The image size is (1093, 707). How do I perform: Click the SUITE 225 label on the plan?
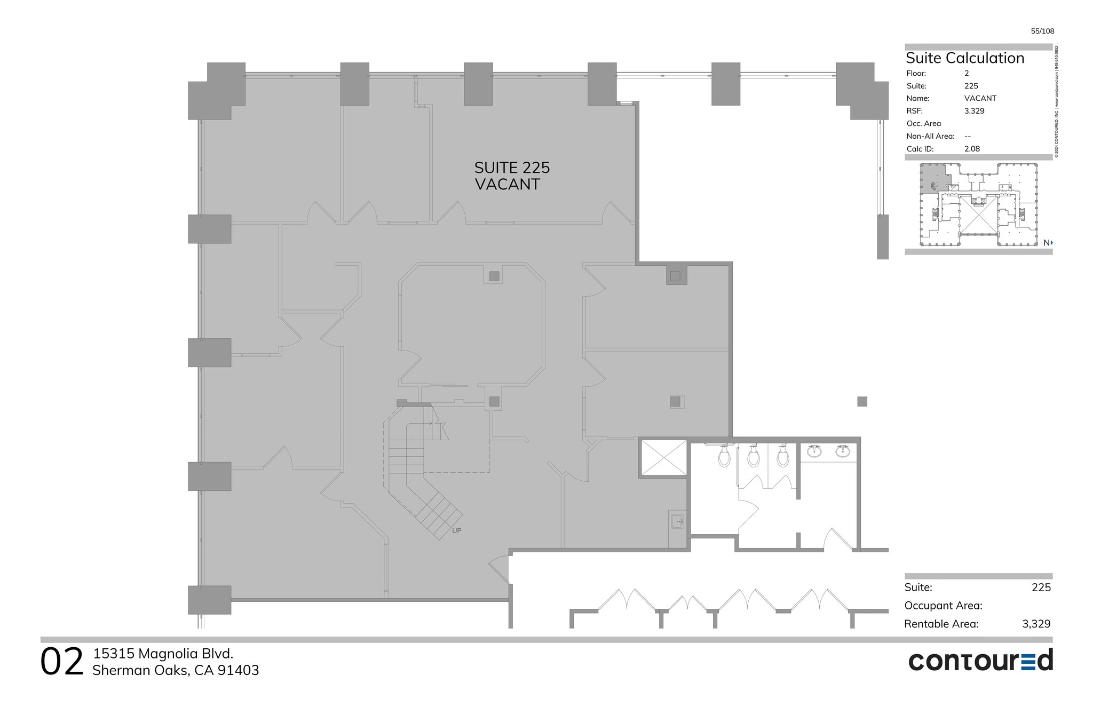512,168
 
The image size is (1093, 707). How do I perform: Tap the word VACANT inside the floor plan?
508,185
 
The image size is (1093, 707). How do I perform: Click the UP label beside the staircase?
456,531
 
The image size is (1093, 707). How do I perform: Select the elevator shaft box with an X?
663,457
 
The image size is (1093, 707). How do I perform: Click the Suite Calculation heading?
965,58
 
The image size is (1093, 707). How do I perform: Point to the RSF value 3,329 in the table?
974,111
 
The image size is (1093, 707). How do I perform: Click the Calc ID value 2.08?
972,149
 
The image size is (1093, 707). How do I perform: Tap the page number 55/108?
1042,31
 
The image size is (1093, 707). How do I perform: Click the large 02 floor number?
62,662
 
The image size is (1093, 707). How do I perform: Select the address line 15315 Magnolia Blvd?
163,654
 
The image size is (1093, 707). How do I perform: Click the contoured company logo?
980,661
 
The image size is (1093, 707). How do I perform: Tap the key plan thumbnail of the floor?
978,205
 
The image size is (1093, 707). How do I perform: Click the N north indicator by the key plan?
1048,243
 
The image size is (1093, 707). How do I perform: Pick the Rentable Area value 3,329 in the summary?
1036,624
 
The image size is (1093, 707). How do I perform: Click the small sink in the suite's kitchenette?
677,521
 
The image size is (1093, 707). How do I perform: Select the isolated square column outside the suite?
862,401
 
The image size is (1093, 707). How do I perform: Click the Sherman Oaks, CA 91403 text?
176,671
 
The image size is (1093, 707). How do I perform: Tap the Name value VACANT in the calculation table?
980,98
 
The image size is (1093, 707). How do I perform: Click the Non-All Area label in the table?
930,136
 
